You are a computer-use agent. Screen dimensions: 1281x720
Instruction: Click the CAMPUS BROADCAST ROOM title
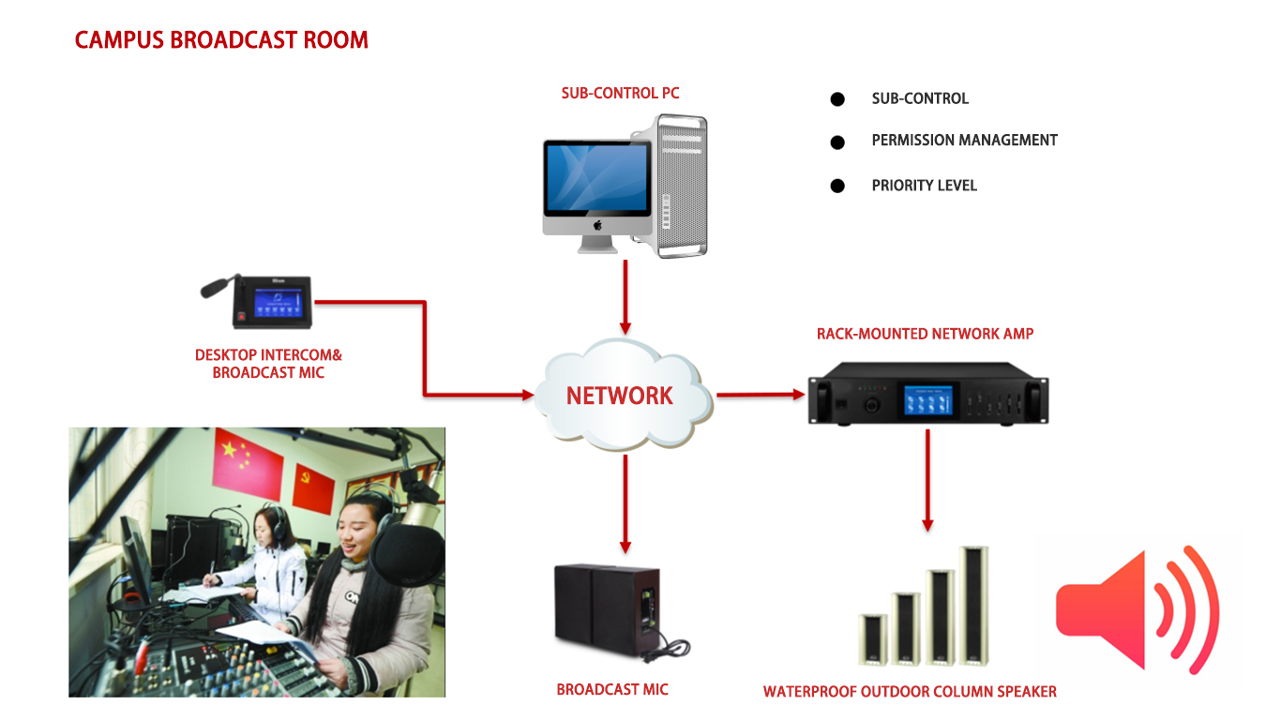click(x=221, y=40)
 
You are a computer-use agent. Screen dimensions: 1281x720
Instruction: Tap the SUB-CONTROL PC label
click(x=620, y=93)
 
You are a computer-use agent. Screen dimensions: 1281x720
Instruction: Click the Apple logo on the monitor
click(x=597, y=225)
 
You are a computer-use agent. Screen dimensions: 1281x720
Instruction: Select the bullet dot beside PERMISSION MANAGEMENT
click(x=837, y=142)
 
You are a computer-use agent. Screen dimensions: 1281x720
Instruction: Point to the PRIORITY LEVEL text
click(x=924, y=186)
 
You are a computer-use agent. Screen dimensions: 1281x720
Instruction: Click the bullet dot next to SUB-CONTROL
click(x=837, y=99)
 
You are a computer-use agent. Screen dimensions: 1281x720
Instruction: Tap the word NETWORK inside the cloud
click(x=619, y=396)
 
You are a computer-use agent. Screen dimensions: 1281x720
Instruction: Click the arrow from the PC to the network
click(x=625, y=297)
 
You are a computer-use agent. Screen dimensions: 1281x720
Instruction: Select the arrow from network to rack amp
click(x=761, y=395)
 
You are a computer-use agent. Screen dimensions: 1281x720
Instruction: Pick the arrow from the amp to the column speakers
click(x=927, y=480)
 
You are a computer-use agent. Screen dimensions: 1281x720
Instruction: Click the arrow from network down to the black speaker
click(x=625, y=503)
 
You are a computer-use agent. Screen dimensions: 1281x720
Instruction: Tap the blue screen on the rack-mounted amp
click(x=928, y=399)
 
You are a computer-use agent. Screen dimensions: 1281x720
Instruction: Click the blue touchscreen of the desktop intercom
click(x=279, y=303)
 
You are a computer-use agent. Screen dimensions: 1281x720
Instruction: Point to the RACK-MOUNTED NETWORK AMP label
click(x=925, y=334)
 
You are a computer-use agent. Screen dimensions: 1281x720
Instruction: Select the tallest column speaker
click(x=973, y=607)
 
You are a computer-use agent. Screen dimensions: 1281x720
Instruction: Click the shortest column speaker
click(x=873, y=640)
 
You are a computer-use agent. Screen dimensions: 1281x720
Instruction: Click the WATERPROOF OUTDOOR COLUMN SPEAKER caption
click(x=910, y=692)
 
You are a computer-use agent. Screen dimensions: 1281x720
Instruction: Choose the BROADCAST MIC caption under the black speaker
click(x=612, y=690)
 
